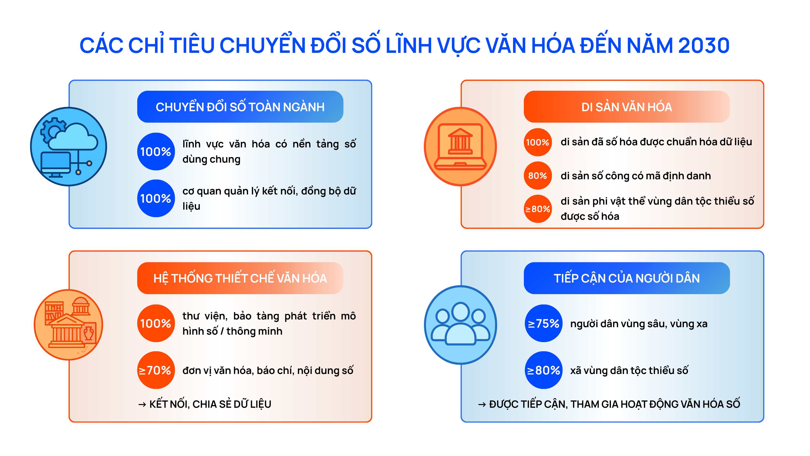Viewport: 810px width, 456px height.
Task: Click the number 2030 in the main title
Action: pos(704,46)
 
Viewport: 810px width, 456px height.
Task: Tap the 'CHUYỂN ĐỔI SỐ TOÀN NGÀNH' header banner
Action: pos(240,107)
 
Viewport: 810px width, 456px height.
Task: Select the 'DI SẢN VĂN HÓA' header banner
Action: pos(626,107)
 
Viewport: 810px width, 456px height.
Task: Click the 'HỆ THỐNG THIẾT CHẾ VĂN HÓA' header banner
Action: pos(240,278)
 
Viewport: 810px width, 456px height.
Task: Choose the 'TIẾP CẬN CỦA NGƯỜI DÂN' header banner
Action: pos(626,278)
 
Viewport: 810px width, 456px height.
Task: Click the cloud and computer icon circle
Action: pos(68,146)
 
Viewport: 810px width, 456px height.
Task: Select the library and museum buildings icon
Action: pos(68,325)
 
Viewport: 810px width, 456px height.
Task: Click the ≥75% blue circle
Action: pos(543,323)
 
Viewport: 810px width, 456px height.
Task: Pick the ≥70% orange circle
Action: pos(156,370)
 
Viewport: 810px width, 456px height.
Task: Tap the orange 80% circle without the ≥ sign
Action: pos(537,175)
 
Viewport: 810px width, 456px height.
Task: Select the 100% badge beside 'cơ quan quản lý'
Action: pos(156,198)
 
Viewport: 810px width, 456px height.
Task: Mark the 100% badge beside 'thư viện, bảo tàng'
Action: pos(156,323)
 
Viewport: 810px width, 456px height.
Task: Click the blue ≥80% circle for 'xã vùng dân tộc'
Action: pos(543,370)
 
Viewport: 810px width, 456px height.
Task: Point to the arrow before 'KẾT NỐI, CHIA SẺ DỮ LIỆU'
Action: pos(142,404)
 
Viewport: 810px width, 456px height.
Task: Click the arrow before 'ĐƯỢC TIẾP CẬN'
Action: pos(482,404)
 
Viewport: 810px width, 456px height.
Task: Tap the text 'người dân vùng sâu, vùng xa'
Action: pos(639,324)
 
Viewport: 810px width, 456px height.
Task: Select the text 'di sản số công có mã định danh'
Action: pos(635,176)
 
